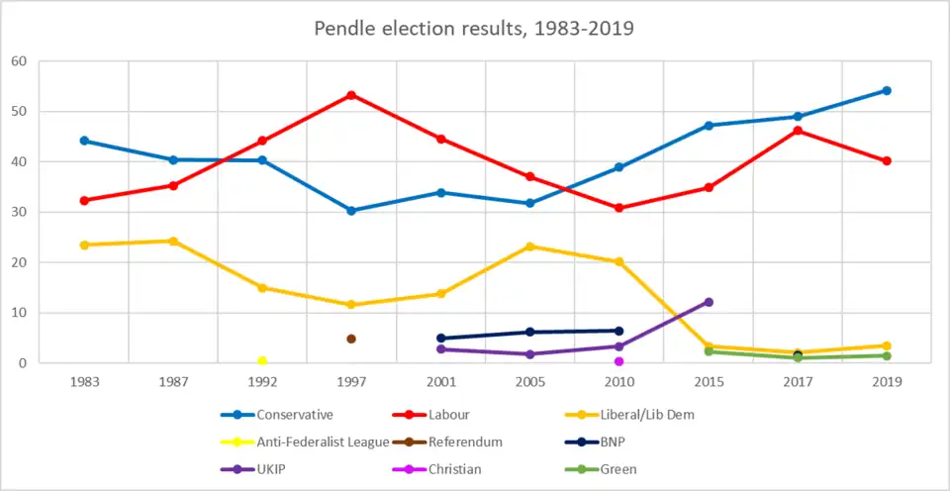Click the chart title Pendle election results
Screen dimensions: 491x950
click(x=474, y=28)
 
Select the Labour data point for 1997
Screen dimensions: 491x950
click(x=351, y=95)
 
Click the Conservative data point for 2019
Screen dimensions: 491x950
click(x=887, y=90)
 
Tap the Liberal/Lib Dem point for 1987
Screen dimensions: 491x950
click(x=173, y=241)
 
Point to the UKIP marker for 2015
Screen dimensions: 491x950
click(x=709, y=302)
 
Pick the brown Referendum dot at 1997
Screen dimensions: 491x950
click(x=351, y=339)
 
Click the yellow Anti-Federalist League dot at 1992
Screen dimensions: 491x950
click(x=262, y=361)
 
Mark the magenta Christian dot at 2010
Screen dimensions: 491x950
click(x=619, y=361)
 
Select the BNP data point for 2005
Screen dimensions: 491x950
click(x=530, y=332)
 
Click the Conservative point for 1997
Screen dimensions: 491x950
click(x=351, y=211)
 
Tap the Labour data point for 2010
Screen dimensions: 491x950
click(x=619, y=208)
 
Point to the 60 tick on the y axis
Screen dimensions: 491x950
click(x=19, y=61)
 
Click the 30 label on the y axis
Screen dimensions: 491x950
click(x=19, y=212)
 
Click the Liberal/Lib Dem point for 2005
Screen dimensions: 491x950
click(x=530, y=246)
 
